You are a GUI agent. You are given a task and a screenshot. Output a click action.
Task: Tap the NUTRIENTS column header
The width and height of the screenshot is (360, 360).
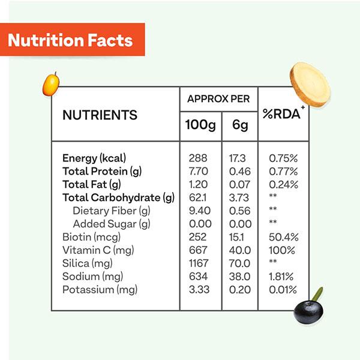(x=100, y=115)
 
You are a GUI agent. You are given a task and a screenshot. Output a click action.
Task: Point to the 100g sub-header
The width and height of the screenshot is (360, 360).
(x=200, y=127)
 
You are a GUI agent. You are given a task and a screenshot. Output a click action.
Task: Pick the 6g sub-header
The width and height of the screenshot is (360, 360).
(x=239, y=127)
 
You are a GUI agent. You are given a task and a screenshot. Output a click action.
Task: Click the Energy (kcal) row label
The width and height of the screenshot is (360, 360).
(x=94, y=158)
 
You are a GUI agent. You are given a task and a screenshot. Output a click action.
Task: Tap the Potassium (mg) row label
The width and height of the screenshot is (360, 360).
(x=100, y=290)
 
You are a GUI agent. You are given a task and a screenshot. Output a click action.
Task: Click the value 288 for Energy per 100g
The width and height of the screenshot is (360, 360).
(x=198, y=158)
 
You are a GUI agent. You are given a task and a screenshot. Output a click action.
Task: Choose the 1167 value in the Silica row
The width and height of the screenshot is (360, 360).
(x=197, y=263)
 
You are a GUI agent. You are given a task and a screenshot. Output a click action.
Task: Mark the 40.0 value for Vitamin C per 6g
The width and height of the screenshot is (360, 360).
(x=239, y=250)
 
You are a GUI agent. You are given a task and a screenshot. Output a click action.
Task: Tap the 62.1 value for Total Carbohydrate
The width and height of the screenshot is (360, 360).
(x=198, y=198)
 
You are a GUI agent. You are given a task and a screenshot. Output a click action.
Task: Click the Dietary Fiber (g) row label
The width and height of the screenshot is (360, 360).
(x=111, y=211)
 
